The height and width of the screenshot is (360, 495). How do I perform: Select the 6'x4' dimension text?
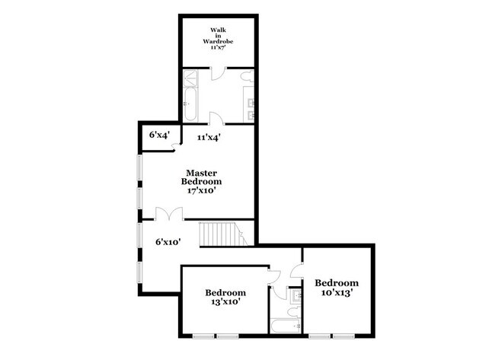pos(159,135)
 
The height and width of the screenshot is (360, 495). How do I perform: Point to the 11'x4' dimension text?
pos(209,138)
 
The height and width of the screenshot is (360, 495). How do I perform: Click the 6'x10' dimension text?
pos(167,243)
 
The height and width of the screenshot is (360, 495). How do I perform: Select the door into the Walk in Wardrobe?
pos(218,74)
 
